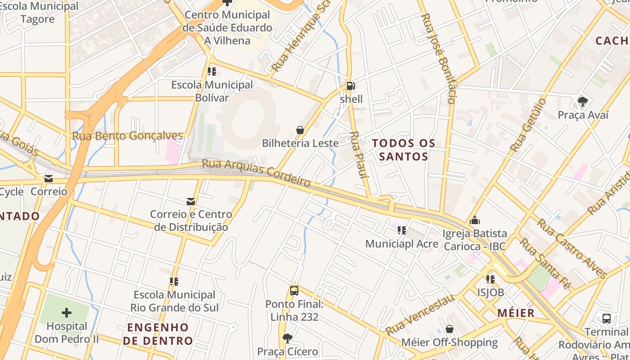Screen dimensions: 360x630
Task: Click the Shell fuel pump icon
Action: (x=351, y=85)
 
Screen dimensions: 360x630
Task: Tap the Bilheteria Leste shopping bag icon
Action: (x=300, y=130)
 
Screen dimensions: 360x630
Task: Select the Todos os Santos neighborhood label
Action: (x=404, y=150)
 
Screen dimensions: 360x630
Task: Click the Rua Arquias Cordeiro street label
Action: (x=256, y=173)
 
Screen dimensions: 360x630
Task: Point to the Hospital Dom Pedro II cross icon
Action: (x=67, y=313)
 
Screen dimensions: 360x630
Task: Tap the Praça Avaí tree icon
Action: (x=583, y=102)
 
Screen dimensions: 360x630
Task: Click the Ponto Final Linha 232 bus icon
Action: (x=294, y=291)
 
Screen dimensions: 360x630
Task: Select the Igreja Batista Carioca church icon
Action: (x=475, y=220)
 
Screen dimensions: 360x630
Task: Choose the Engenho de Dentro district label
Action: (x=158, y=333)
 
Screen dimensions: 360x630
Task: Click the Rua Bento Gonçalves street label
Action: (x=128, y=136)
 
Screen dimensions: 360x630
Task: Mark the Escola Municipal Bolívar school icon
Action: (x=212, y=71)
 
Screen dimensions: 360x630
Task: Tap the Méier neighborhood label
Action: (x=516, y=313)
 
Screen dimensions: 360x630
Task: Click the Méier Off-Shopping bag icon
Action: (x=449, y=329)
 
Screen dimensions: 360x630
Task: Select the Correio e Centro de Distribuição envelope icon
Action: (x=191, y=201)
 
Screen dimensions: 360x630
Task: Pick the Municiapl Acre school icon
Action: (x=402, y=230)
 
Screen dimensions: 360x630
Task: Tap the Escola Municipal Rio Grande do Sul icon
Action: (x=174, y=282)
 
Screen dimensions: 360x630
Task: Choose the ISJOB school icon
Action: (x=490, y=279)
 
